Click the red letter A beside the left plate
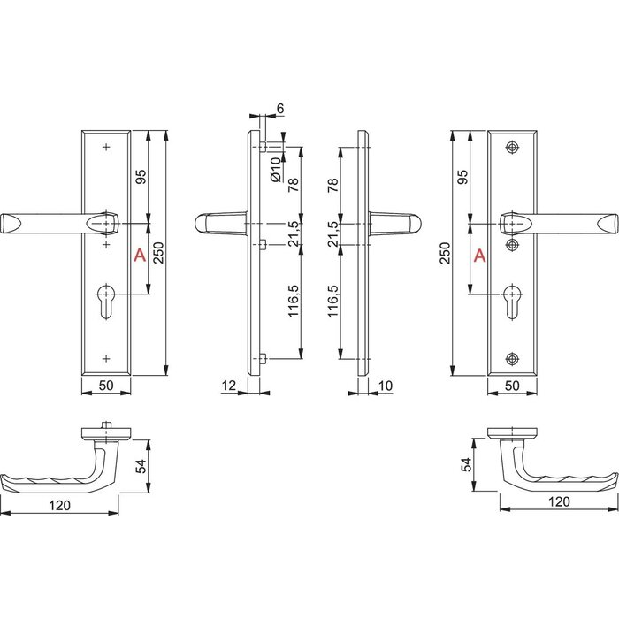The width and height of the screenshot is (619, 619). point(138,256)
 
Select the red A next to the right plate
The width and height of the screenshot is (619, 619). point(479,256)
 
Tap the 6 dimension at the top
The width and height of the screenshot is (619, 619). point(279,109)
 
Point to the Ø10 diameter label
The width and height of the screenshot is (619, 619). point(276,168)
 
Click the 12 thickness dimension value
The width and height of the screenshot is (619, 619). point(229,385)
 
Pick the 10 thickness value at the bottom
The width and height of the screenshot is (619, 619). point(386,385)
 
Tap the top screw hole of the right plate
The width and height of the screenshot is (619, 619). point(511,147)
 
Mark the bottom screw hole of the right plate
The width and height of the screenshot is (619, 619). point(511,358)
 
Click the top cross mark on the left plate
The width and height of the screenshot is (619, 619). point(106,147)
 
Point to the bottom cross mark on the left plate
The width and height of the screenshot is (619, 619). point(106,358)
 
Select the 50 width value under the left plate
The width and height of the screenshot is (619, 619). point(106,385)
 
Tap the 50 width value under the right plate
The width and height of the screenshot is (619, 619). point(511,385)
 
